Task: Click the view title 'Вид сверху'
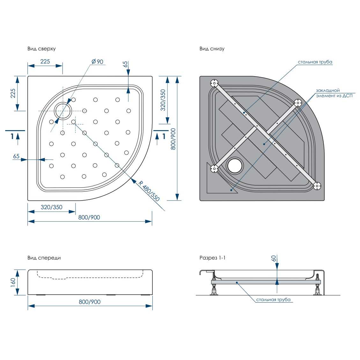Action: point(41,49)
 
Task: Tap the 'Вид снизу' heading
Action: point(212,49)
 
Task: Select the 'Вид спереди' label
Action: point(44,258)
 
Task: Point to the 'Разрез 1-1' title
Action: point(212,258)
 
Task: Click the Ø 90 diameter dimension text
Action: point(97,62)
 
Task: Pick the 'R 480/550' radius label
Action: point(149,191)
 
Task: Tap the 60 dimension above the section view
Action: point(274,259)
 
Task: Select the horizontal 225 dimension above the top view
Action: point(45,62)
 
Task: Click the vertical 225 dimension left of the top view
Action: point(13,93)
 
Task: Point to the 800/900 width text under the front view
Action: point(90,302)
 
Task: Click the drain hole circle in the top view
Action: point(63,111)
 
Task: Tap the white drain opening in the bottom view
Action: point(235,165)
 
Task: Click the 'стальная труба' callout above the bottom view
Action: point(315,62)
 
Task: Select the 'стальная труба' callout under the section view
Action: point(273,300)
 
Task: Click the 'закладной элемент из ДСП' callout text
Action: point(334,93)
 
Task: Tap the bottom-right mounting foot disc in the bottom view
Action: point(317,186)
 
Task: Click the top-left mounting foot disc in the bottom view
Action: point(214,83)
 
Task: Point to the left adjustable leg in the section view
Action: point(214,288)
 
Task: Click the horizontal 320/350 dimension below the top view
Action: point(51,207)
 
